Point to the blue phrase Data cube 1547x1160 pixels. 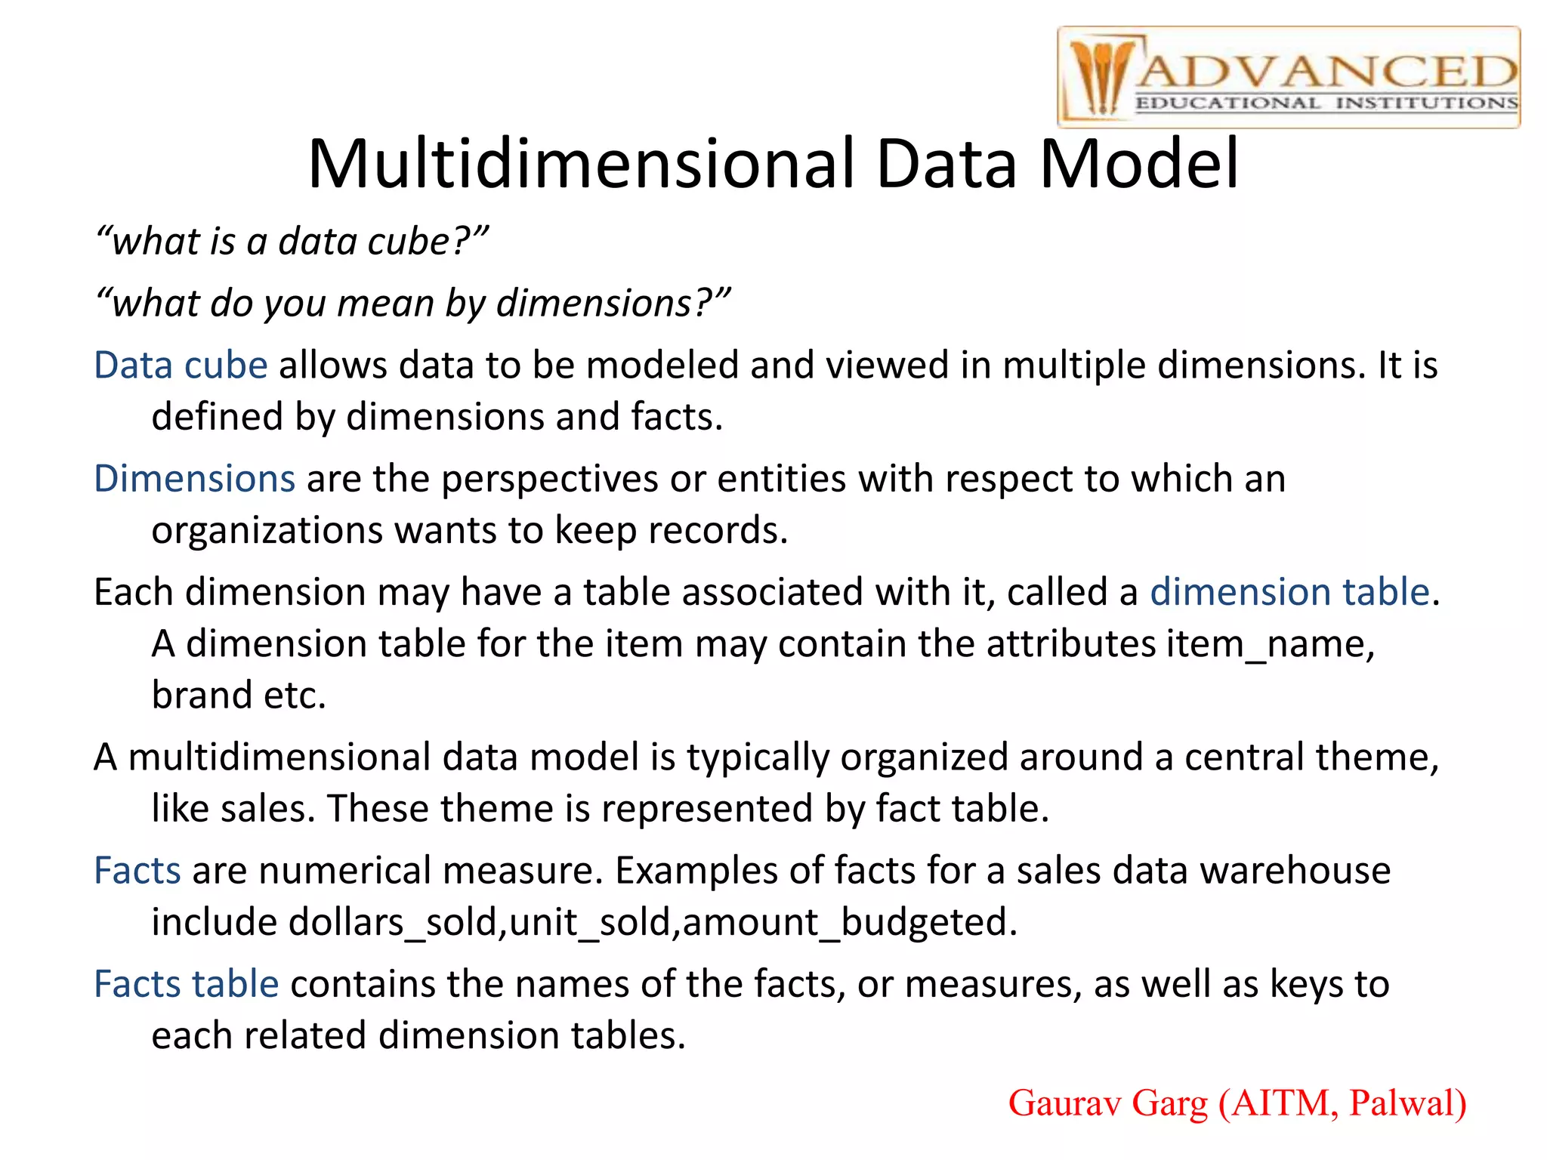tap(181, 366)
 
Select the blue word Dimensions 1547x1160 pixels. tap(194, 479)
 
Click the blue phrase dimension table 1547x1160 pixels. tap(1289, 592)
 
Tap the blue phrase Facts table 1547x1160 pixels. tap(186, 984)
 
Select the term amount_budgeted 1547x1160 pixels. tap(845, 923)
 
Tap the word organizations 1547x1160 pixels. tap(267, 531)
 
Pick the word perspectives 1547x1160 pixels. tap(550, 479)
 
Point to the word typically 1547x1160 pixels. tap(758, 757)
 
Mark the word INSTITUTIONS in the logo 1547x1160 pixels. tap(1426, 103)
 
